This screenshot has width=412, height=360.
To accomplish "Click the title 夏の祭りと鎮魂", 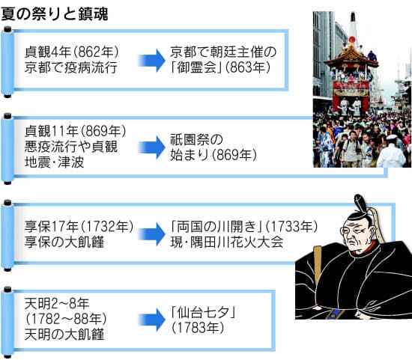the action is tap(55, 14).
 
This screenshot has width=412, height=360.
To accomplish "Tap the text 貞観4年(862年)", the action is tap(72, 52).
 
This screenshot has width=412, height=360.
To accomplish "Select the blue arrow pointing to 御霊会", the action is tap(151, 61).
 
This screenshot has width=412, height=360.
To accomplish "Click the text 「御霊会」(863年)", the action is tap(220, 67).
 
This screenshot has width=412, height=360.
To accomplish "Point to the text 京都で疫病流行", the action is tap(70, 67).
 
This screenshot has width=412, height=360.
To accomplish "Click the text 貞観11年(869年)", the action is tap(76, 131).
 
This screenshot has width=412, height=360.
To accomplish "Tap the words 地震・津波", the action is tap(54, 162).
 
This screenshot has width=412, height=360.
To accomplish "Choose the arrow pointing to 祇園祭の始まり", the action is tap(151, 147).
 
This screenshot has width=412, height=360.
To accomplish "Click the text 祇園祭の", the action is tap(196, 139).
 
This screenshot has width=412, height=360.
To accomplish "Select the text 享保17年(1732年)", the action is tap(79, 226).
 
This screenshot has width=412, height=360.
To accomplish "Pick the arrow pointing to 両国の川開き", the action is tap(151, 234).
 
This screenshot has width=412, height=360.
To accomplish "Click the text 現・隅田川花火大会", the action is tap(227, 242).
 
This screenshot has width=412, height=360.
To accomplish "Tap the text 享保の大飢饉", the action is tap(64, 242).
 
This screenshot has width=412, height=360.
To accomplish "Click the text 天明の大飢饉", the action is tap(64, 335).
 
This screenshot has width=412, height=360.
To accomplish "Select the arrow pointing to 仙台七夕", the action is tap(151, 320).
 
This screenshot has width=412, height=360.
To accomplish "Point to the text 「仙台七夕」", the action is tap(203, 312).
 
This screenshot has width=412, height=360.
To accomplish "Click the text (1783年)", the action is tap(198, 328).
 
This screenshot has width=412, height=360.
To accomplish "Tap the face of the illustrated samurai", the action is tap(357, 234).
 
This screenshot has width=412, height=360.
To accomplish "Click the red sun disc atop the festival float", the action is tap(352, 40).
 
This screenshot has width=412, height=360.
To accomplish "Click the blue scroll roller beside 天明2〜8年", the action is tap(7, 323).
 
